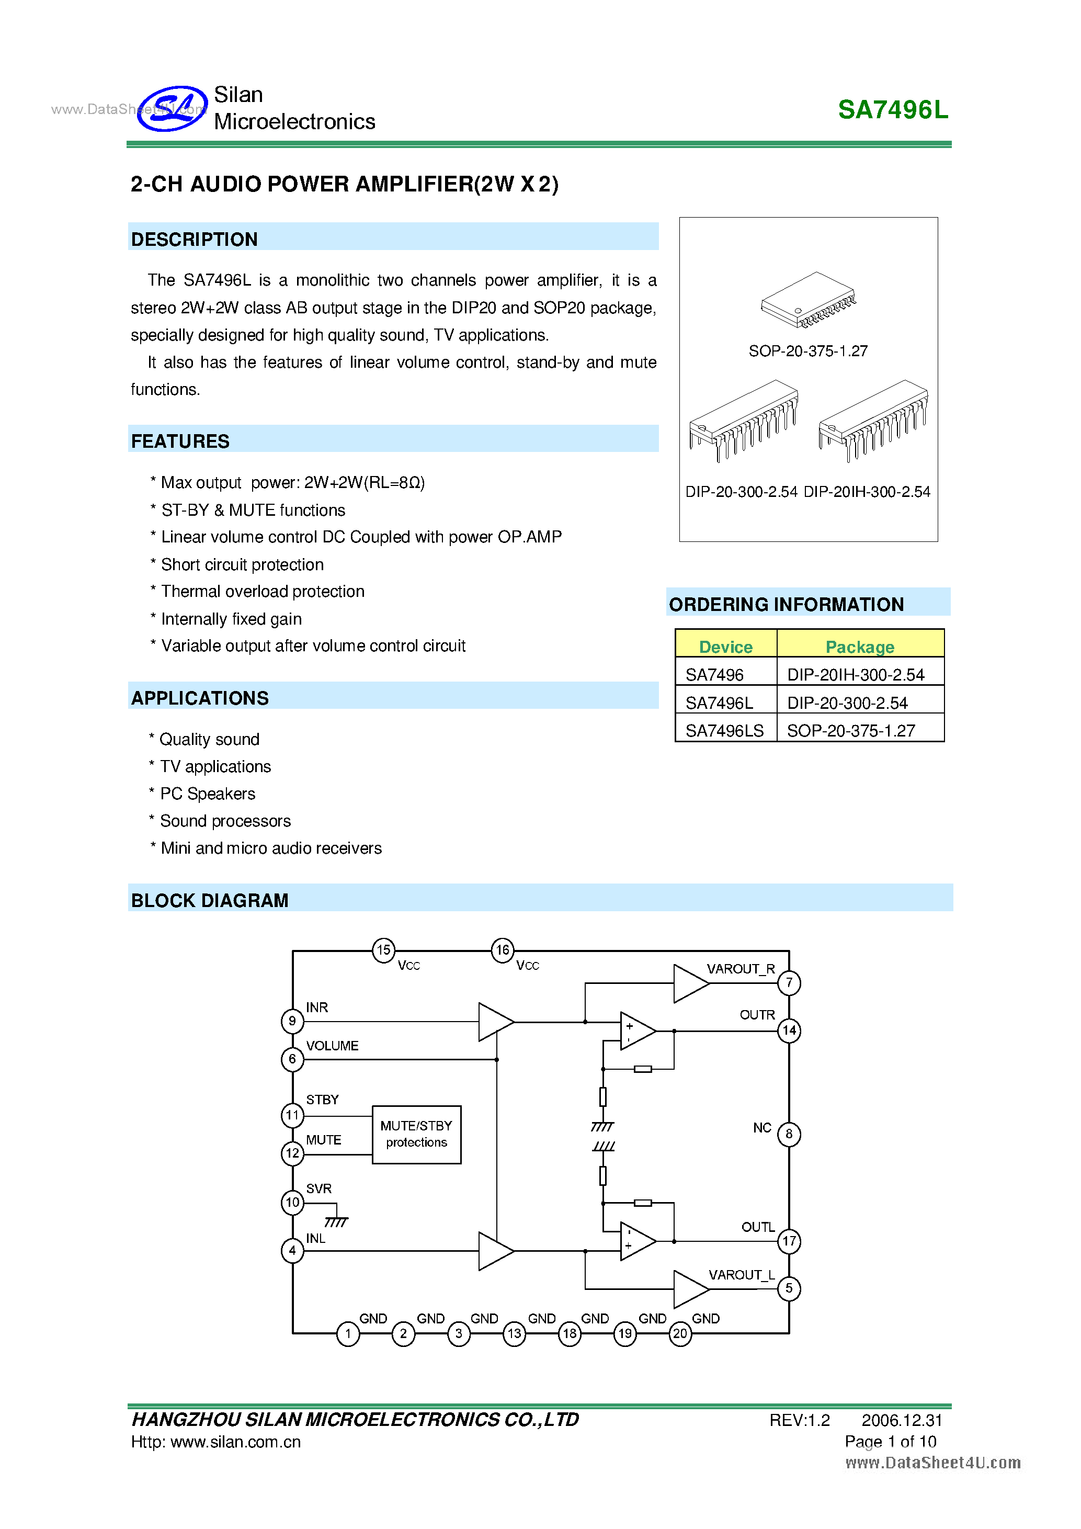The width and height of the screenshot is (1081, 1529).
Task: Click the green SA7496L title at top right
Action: pos(893,110)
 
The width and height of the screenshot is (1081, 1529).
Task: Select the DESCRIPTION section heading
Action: pos(195,239)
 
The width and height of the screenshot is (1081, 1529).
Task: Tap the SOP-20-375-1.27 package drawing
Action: pos(808,300)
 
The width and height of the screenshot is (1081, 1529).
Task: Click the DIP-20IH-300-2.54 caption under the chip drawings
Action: pos(867,492)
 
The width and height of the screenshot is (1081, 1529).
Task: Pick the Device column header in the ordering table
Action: pos(725,647)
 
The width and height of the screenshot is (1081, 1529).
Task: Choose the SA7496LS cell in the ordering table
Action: pos(724,731)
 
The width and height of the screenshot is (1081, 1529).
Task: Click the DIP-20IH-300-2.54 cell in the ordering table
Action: pos(856,675)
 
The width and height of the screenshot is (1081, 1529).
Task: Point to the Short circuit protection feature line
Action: pos(242,565)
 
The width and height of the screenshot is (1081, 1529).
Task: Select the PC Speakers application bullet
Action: pos(208,794)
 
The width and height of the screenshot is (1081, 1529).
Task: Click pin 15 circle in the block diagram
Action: pos(383,949)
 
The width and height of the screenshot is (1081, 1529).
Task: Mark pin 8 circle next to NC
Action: pos(789,1134)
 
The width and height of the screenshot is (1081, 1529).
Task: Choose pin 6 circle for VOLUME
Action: pos(292,1059)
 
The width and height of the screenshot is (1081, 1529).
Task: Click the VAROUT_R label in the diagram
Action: pos(740,969)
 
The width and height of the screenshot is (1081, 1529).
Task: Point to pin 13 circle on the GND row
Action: pos(514,1333)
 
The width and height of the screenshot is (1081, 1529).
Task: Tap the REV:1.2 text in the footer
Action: pos(800,1420)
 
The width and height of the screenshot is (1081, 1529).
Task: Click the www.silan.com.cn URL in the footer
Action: pos(236,1442)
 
